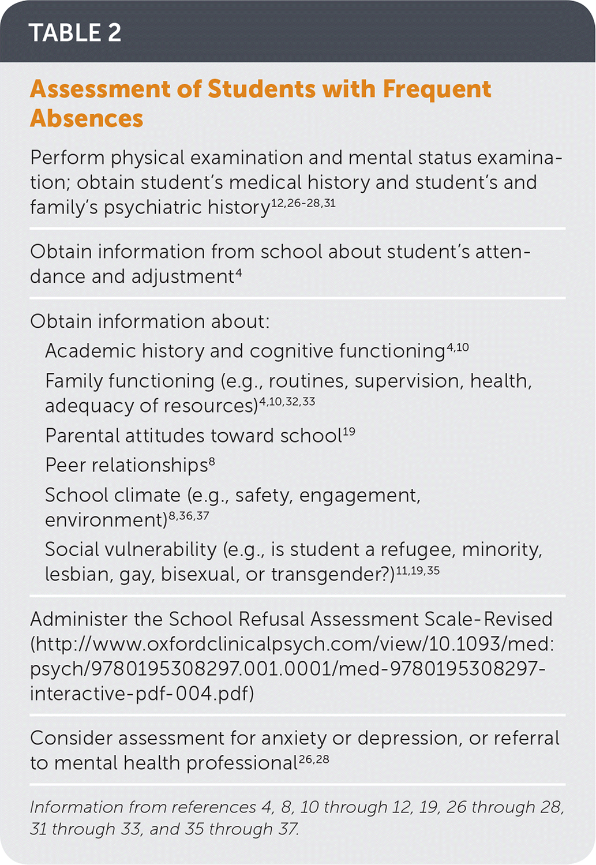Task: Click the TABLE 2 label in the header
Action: click(x=75, y=32)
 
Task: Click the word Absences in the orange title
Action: click(x=87, y=118)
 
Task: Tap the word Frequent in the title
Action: click(x=437, y=89)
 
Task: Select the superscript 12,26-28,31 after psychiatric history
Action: click(x=303, y=203)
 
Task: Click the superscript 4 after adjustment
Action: click(x=238, y=273)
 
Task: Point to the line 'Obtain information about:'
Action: click(x=149, y=321)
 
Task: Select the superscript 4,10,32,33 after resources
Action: click(x=287, y=402)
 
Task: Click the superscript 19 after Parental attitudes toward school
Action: click(x=348, y=432)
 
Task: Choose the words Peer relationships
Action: click(x=126, y=465)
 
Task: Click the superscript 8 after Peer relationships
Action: click(x=212, y=462)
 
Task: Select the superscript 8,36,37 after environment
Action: click(x=189, y=516)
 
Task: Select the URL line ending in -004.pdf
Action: click(x=142, y=693)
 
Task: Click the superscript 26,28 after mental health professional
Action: click(x=314, y=759)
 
